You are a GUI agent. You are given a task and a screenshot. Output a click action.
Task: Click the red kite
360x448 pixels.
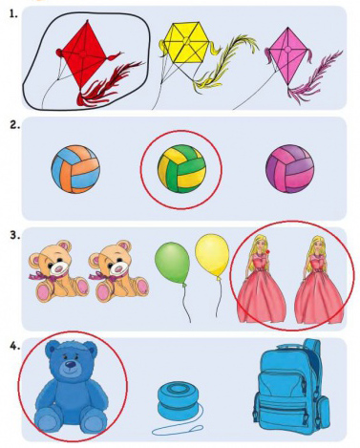tap(84, 55)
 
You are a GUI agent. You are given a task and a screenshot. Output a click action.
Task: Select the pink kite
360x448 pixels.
tap(287, 55)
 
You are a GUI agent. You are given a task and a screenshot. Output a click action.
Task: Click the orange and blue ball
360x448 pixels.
tap(75, 169)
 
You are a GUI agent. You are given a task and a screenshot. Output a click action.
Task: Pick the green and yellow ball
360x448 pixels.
tap(181, 169)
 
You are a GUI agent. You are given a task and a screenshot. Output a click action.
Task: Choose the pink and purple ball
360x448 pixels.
tap(290, 169)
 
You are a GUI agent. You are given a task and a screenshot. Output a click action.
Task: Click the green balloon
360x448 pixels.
tap(172, 263)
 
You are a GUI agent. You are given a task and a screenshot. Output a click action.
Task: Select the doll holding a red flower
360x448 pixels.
tap(260, 279)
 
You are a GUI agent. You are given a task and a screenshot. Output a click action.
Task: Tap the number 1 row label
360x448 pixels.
tap(13, 13)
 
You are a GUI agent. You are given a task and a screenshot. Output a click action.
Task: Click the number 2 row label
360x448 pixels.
tap(15, 125)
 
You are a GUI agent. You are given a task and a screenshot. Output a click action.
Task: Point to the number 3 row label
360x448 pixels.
tap(15, 236)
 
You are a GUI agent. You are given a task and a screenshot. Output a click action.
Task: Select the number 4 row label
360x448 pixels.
tap(15, 346)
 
